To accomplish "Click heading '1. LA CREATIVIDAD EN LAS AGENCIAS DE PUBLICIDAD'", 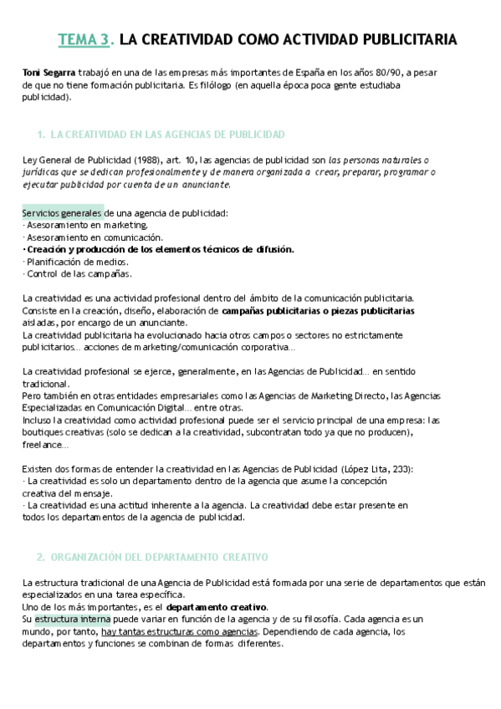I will tap(161, 134).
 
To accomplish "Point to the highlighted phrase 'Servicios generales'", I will tap(63, 213).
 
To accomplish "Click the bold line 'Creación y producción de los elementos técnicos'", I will tap(159, 249).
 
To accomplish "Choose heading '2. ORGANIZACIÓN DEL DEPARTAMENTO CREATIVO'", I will tap(152, 556).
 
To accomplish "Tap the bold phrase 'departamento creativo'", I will tap(217, 607).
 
